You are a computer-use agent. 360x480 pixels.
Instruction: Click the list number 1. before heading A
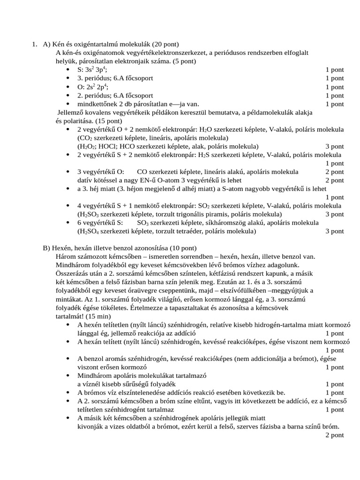click(35, 45)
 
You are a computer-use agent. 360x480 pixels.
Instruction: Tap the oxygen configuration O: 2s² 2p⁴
click(93, 87)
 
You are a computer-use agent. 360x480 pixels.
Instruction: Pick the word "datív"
click(85, 180)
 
